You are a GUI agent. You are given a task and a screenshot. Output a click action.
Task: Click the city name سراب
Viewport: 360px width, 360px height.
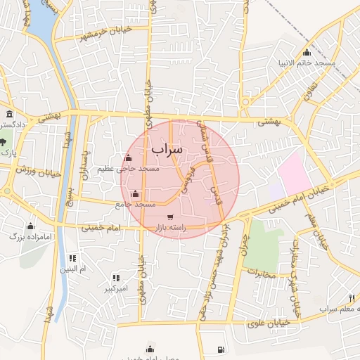click(x=167, y=149)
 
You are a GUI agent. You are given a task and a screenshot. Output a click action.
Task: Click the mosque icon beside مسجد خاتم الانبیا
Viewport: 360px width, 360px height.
click(x=307, y=53)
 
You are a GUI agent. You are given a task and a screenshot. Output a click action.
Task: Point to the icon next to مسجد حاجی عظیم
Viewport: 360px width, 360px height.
click(x=127, y=158)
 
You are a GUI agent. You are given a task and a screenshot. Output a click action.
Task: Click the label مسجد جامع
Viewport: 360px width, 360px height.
click(x=135, y=204)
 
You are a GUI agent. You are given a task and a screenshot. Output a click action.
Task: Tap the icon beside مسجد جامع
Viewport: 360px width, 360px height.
click(x=136, y=193)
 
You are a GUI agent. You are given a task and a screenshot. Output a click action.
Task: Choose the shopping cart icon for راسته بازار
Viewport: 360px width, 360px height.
click(x=170, y=217)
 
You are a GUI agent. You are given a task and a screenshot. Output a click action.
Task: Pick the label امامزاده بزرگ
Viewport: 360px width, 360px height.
click(x=31, y=238)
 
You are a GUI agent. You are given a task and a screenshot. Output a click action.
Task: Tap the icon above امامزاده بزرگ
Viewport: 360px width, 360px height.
click(x=30, y=226)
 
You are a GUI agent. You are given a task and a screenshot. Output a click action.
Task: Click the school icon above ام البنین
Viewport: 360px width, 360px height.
click(x=73, y=259)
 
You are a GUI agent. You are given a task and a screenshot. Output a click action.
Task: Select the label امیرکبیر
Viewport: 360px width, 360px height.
click(x=115, y=289)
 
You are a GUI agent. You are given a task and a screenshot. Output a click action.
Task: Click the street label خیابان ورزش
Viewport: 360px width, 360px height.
click(x=39, y=170)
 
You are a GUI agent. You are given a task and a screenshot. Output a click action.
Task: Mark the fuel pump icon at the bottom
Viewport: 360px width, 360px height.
click(x=221, y=349)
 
